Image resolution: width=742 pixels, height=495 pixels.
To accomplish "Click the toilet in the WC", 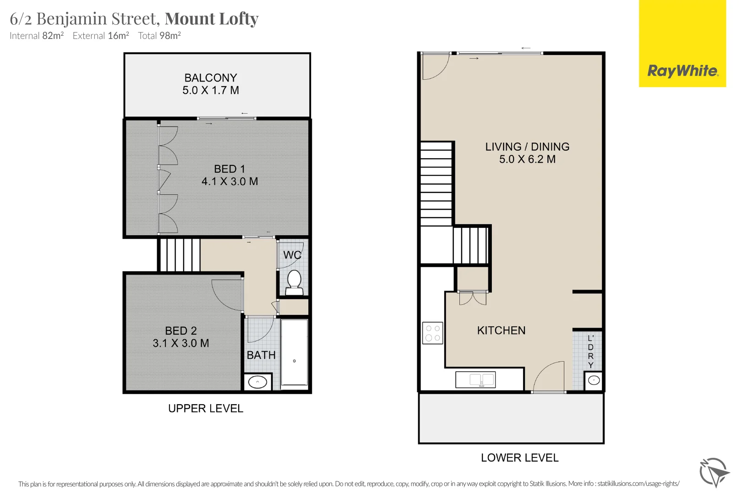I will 294,281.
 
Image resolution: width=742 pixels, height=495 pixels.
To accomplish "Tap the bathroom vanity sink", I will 257,382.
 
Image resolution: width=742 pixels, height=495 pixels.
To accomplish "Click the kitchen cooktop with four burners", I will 432,333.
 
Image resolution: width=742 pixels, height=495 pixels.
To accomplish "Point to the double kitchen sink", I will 475,379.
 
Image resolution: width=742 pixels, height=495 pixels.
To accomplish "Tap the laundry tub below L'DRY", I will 594,380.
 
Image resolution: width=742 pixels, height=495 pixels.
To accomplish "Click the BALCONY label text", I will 211,78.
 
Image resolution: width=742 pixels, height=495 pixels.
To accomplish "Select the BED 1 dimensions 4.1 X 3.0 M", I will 229,181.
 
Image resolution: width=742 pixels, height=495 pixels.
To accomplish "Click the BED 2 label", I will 181,330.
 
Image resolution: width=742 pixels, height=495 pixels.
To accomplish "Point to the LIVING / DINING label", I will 527,147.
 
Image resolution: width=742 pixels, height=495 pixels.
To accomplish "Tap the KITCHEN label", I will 501,330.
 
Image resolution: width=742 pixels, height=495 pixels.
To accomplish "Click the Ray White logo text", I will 682,71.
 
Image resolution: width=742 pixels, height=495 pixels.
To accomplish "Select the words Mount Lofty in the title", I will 212,19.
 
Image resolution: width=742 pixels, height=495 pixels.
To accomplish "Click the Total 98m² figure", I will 159,36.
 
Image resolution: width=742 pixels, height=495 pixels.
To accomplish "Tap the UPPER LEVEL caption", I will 206,408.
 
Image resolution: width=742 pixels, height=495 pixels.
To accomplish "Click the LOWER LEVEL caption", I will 519,457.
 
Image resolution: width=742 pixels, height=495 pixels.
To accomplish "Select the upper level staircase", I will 180,254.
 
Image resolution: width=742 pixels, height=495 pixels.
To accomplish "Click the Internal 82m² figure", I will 37,36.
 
